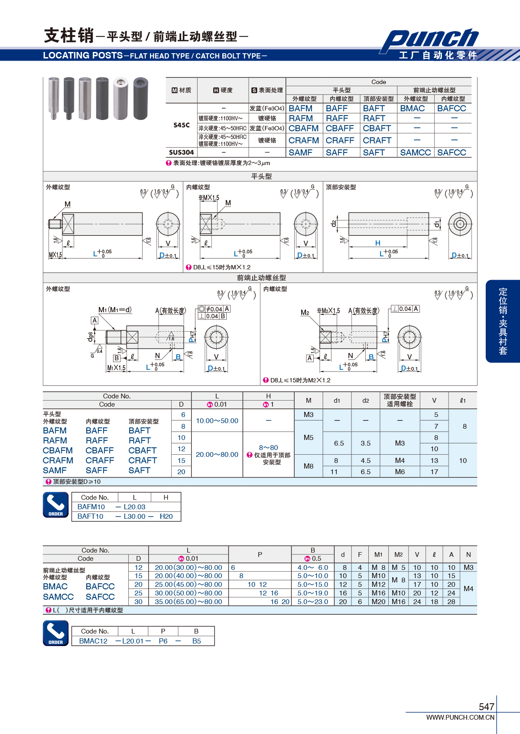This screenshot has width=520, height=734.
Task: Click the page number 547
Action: point(486,706)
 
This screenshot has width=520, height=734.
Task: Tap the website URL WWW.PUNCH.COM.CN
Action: point(460,717)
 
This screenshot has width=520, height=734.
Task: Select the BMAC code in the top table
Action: point(412,108)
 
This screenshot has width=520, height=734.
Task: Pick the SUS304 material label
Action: point(181,152)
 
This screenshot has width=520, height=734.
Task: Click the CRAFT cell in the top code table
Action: point(377,140)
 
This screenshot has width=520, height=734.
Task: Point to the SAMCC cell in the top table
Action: point(415,153)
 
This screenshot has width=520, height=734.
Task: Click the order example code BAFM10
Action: point(91,507)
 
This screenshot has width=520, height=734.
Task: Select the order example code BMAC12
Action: point(93,641)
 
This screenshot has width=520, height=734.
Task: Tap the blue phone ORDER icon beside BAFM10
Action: point(56,505)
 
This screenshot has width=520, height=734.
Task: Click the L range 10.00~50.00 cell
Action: point(217,421)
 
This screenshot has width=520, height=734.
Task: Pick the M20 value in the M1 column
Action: point(378,601)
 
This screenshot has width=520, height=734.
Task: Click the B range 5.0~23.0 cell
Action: point(313,601)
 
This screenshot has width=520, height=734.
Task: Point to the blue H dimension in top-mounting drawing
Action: point(378,243)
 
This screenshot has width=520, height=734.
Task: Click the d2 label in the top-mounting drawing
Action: point(334,223)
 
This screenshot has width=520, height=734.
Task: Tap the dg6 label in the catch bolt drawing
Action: point(91,336)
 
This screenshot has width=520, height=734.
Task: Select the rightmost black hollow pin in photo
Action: point(141,98)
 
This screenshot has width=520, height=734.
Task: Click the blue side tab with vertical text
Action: point(503,321)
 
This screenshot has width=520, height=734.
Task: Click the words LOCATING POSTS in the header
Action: point(83,55)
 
